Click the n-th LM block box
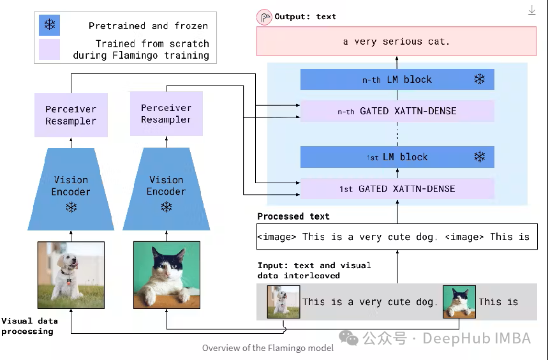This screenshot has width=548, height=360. (397, 80)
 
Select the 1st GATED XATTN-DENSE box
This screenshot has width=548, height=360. (397, 189)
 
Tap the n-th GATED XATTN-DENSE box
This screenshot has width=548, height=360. (397, 111)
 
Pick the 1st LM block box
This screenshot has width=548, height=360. (397, 157)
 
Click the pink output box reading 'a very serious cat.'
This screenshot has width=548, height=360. (396, 41)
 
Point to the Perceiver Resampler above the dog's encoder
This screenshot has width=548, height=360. (71, 115)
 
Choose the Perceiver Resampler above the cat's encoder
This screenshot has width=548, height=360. (166, 114)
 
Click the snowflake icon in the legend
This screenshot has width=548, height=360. (49, 26)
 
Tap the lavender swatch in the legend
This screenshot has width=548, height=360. (49, 50)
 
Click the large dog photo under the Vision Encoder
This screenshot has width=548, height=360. (71, 271)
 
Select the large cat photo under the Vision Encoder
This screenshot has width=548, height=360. (167, 275)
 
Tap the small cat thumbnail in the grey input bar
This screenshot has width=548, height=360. (459, 301)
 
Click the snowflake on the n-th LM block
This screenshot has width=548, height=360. (479, 79)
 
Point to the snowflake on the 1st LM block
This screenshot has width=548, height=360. (479, 157)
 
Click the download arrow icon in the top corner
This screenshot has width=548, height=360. (532, 10)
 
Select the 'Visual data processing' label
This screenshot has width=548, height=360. (29, 326)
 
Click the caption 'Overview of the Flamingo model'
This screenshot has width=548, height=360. (267, 348)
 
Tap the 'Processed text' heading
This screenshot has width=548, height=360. (293, 216)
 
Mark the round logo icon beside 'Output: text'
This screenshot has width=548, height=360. (264, 17)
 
